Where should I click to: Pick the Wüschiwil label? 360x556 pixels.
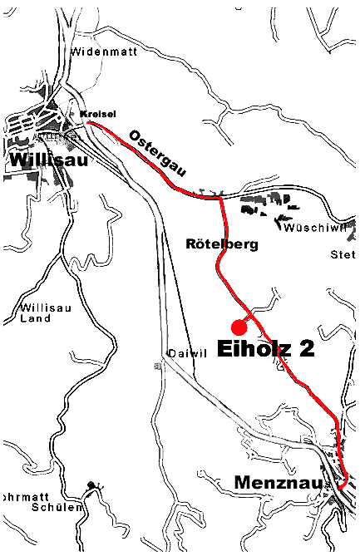[310, 227]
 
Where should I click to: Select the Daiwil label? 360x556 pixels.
[186, 353]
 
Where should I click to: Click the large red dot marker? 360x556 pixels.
[239, 324]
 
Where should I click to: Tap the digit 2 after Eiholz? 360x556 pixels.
[306, 348]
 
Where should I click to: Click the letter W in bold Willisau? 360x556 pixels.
[17, 159]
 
